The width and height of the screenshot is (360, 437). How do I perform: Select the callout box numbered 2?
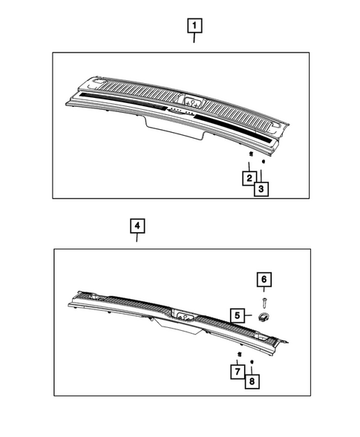tap(249, 177)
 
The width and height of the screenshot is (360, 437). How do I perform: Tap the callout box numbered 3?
tap(261, 189)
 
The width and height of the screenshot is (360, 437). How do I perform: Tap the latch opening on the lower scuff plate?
tap(182, 316)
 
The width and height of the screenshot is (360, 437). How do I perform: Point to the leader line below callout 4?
tap(137, 238)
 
